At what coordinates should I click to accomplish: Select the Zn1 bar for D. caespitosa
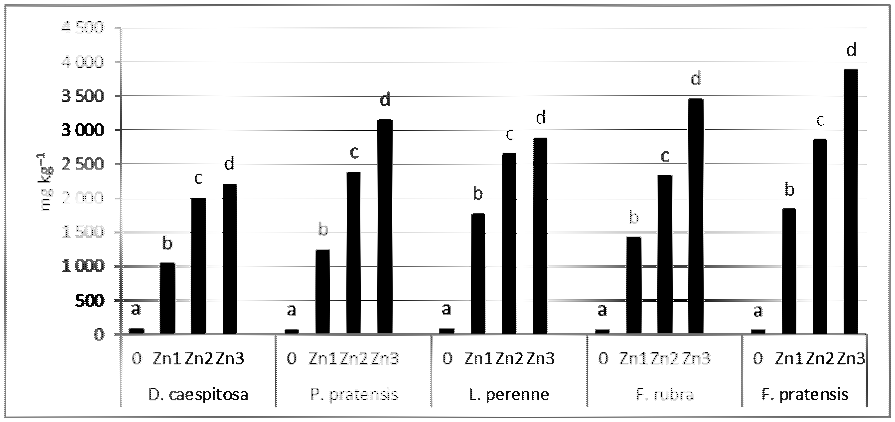coord(167,298)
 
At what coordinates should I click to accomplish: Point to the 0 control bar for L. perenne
coord(447,332)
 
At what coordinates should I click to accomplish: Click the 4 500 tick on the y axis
coord(82,28)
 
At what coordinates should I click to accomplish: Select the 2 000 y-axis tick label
coord(82,198)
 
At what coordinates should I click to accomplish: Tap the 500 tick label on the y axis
coord(90,301)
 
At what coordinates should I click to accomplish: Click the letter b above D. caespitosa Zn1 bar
coord(167,244)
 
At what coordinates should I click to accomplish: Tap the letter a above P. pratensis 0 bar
coord(292,310)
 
